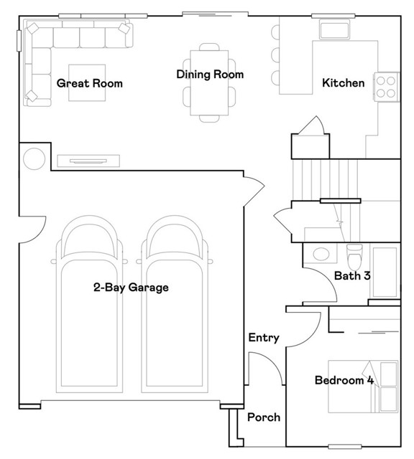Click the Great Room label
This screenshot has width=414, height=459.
pyautogui.click(x=90, y=83)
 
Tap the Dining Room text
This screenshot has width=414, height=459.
pyautogui.click(x=210, y=75)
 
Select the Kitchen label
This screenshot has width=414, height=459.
pyautogui.click(x=344, y=83)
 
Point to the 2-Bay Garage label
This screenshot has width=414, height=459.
pyautogui.click(x=131, y=288)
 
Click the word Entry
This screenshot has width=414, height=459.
pyautogui.click(x=264, y=338)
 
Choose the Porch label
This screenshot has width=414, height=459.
pyautogui.click(x=264, y=417)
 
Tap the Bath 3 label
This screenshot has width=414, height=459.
pyautogui.click(x=352, y=275)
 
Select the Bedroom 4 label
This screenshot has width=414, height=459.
pyautogui.click(x=344, y=380)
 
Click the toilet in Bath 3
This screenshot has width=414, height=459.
pyautogui.click(x=354, y=256)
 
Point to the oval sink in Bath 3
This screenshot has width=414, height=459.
pyautogui.click(x=321, y=254)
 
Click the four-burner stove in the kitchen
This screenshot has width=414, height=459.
pyautogui.click(x=386, y=87)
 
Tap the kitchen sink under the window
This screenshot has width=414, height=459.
pyautogui.click(x=334, y=29)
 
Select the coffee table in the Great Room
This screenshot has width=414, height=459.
pyautogui.click(x=87, y=83)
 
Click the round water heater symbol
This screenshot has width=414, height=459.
pyautogui.click(x=34, y=159)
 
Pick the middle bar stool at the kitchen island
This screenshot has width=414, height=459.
pyautogui.click(x=275, y=55)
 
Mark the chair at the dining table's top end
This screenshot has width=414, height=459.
pyautogui.click(x=209, y=47)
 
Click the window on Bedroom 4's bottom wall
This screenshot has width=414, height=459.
pyautogui.click(x=345, y=446)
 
